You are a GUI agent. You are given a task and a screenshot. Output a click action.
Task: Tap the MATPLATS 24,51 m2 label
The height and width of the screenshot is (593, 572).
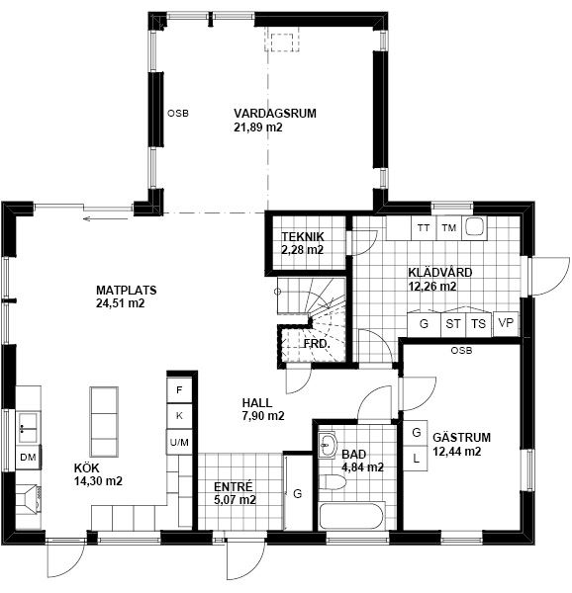pyautogui.click(x=126, y=296)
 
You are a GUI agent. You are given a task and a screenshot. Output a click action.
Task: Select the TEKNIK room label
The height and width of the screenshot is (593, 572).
pyautogui.click(x=303, y=243)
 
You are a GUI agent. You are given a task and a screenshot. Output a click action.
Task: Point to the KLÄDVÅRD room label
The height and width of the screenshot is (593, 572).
pyautogui.click(x=439, y=279)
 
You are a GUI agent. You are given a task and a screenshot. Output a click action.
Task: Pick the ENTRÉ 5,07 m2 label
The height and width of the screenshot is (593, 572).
pyautogui.click(x=235, y=493)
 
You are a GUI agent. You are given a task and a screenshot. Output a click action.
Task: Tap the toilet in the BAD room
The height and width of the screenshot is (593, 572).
pyautogui.click(x=333, y=482)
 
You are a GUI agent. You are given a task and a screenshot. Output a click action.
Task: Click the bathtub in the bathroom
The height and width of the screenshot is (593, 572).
pyautogui.click(x=351, y=516)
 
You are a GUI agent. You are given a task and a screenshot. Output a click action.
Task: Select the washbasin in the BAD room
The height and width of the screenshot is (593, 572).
pyautogui.click(x=328, y=445)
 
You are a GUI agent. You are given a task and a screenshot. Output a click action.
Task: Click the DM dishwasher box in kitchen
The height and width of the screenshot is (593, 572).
pyautogui.click(x=28, y=458)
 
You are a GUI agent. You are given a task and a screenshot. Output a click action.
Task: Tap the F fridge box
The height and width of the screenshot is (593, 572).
pyautogui.click(x=179, y=389)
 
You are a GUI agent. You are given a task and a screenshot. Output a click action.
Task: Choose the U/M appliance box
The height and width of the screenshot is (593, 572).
pyautogui.click(x=179, y=442)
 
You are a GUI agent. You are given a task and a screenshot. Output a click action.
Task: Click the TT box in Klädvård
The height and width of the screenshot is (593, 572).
pyautogui.click(x=424, y=228)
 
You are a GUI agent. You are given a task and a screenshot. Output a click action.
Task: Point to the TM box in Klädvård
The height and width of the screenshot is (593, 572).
pyautogui.click(x=449, y=228)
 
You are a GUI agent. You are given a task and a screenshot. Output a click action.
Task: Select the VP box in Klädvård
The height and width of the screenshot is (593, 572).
pyautogui.click(x=506, y=323)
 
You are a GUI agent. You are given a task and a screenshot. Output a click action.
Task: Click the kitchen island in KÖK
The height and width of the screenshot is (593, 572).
pyautogui.click(x=104, y=422)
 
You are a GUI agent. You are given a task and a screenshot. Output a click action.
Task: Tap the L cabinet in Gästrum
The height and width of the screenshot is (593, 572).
pyautogui.click(x=416, y=459)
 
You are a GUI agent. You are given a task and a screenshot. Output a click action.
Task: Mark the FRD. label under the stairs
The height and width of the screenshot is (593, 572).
pyautogui.click(x=317, y=344)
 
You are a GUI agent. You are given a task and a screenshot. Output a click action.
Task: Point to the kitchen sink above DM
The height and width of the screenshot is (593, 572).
pyautogui.click(x=28, y=427)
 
